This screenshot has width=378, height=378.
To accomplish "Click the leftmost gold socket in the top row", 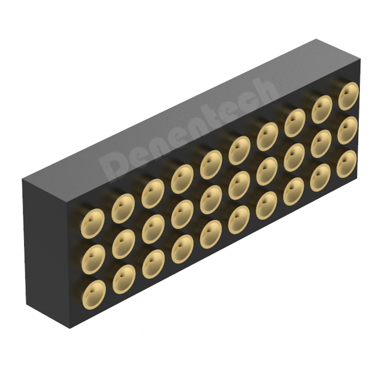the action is [93, 223].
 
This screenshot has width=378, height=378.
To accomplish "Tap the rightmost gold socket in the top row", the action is [348, 96].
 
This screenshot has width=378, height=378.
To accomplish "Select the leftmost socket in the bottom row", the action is [94, 294].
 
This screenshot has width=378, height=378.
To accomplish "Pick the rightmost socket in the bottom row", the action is [346, 164].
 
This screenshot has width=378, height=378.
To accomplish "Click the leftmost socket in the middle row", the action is [94, 259].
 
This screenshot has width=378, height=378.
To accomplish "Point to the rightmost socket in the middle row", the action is [347, 130].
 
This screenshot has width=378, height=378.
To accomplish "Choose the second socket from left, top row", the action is [123, 208].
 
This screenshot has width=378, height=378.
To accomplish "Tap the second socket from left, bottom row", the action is [124, 279].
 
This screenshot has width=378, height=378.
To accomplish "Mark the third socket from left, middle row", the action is [153, 229].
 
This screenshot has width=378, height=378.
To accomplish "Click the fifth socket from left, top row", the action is [211, 164].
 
